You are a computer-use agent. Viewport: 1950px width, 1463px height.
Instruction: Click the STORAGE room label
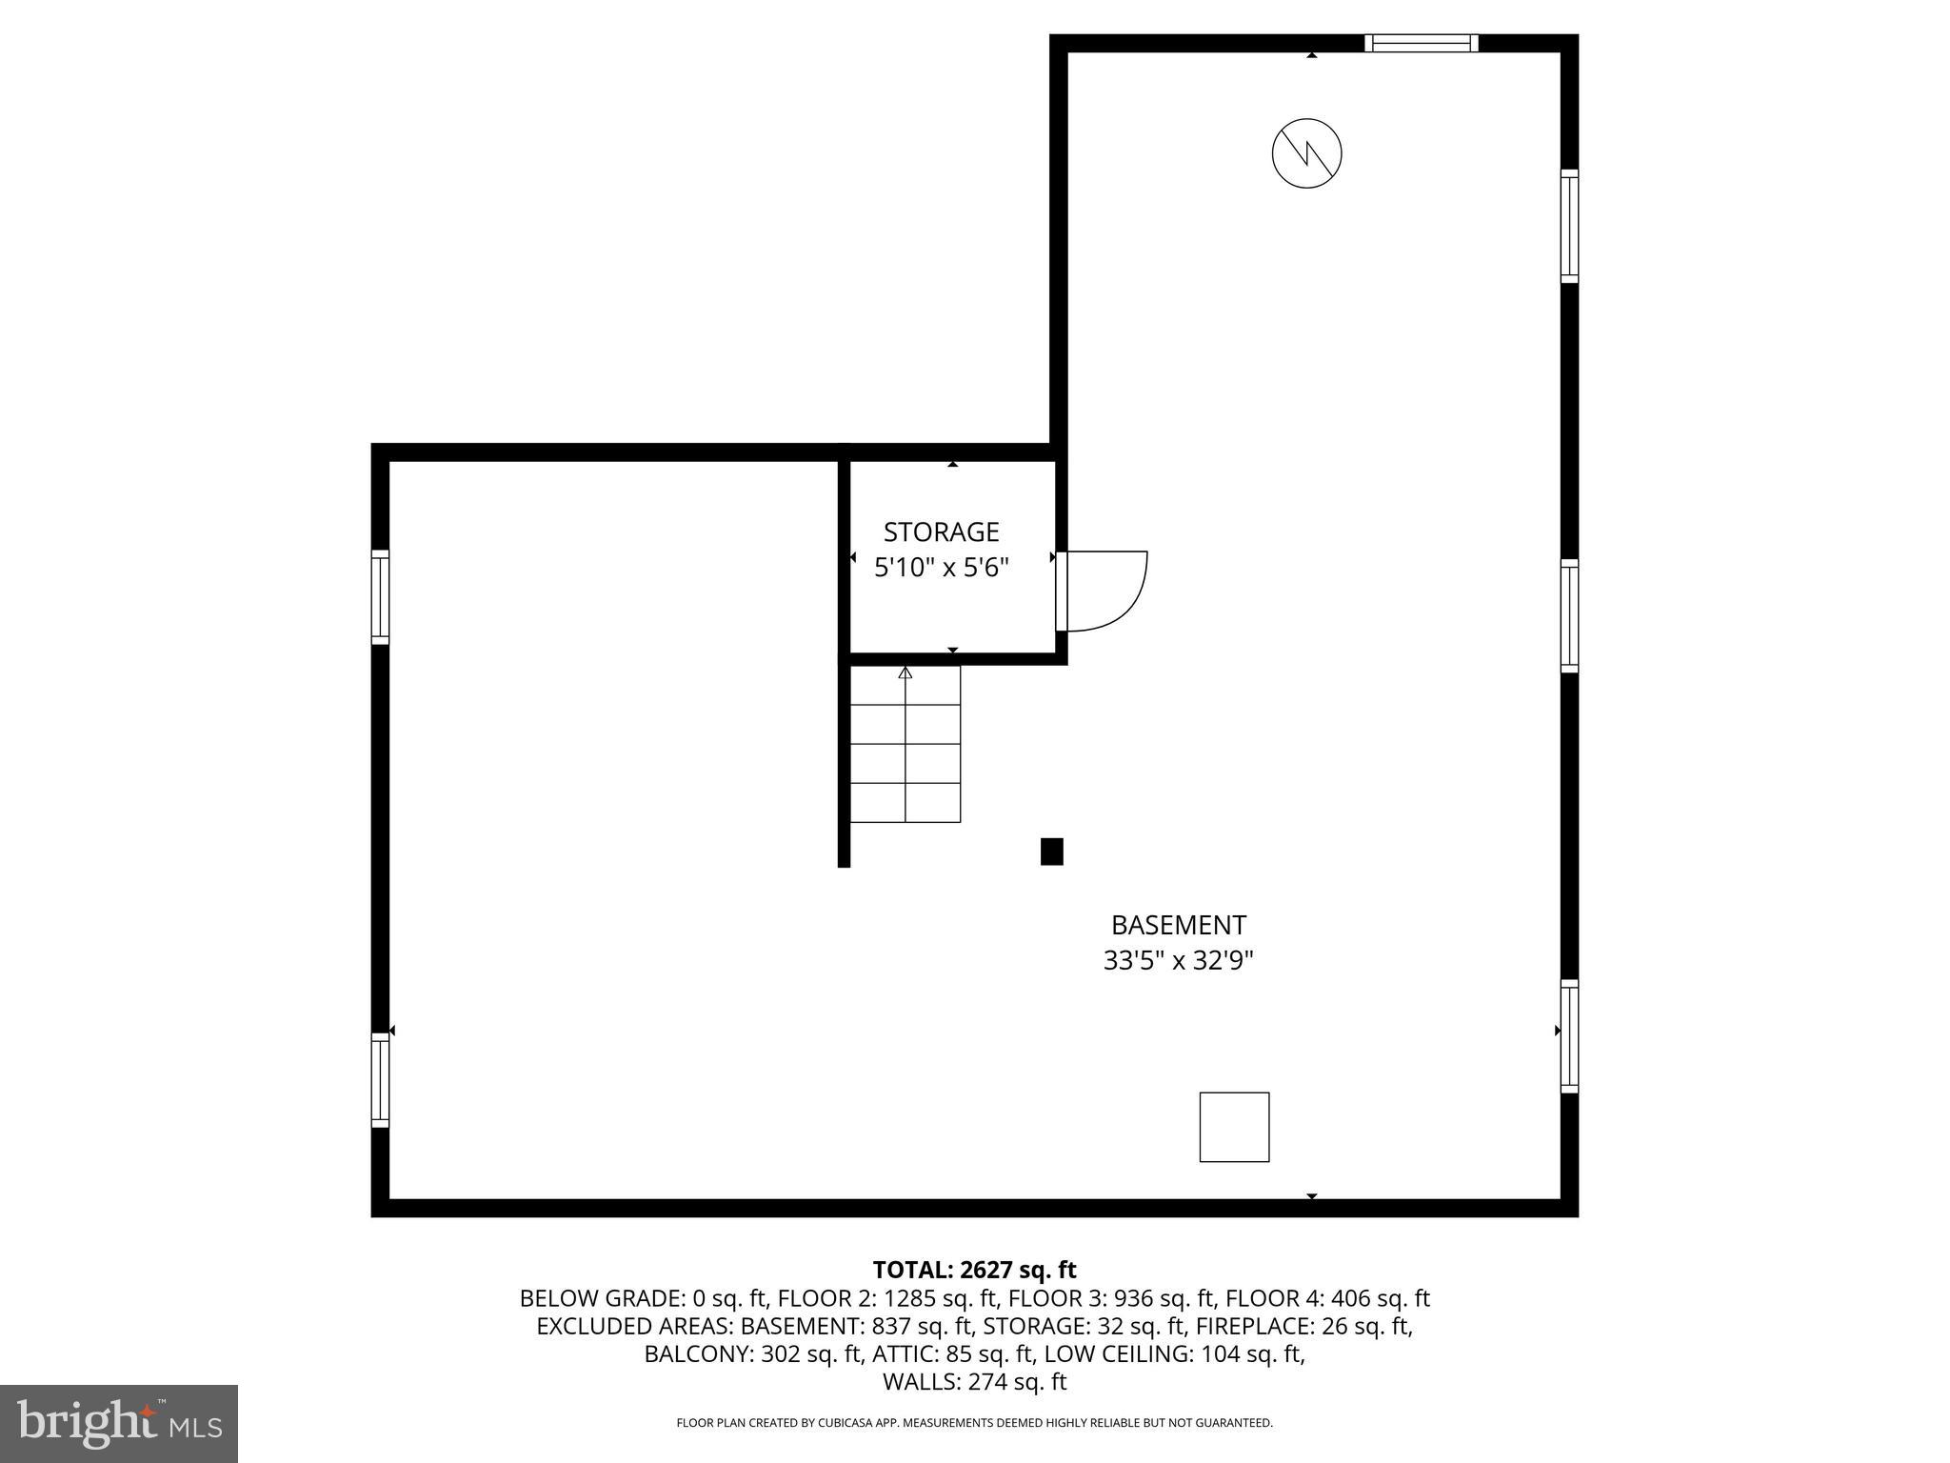[x=941, y=531]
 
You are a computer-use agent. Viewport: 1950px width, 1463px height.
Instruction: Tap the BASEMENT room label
[x=1178, y=925]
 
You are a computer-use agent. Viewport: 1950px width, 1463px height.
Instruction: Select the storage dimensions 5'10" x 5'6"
[x=941, y=568]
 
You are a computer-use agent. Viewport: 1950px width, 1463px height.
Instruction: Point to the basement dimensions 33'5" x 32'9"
[x=1178, y=961]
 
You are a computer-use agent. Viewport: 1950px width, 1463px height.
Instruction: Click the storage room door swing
[x=1105, y=591]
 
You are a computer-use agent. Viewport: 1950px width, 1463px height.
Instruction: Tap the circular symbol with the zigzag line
[x=1306, y=153]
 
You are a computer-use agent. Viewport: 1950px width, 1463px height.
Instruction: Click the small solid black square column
[x=1051, y=852]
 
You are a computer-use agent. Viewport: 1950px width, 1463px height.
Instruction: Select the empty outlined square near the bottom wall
[x=1234, y=1127]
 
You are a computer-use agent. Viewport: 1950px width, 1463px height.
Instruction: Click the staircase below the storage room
[x=905, y=745]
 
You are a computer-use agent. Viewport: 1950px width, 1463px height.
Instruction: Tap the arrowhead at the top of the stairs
[x=905, y=673]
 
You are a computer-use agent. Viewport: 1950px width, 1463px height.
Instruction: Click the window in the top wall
[x=1421, y=43]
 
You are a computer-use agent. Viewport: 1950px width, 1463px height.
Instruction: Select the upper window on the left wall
[x=380, y=597]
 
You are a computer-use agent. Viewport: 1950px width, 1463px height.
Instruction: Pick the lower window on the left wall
[x=380, y=1080]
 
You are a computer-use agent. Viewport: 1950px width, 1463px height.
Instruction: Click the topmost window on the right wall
[x=1569, y=226]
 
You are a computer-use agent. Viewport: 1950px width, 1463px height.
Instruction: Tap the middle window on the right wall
[x=1569, y=615]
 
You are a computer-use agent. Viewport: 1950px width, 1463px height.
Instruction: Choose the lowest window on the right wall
[x=1569, y=1036]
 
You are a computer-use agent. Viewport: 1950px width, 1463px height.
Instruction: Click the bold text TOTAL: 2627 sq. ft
[x=974, y=1270]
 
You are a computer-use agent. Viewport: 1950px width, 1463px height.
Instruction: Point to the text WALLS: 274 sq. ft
[x=974, y=1381]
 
